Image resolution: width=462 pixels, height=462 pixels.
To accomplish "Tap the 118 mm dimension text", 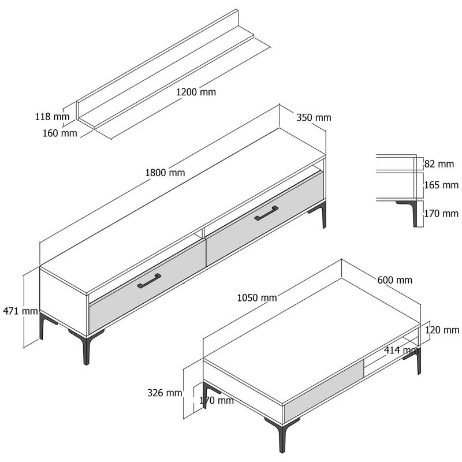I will pos(52,117).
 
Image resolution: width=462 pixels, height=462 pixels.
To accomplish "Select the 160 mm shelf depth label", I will pos(60,133).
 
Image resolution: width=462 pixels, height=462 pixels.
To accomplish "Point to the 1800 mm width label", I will pos(165,172).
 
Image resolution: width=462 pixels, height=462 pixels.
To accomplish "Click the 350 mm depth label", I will pos(314,118).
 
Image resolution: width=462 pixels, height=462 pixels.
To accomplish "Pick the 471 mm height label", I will pos(20,311).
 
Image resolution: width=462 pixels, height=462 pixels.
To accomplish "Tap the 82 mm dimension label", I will pos(439,164).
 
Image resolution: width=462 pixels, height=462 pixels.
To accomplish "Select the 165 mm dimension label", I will pos(441,185).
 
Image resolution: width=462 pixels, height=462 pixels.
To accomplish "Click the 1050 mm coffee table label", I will pos(257,298).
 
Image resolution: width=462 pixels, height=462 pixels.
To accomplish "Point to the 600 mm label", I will pos(394,280).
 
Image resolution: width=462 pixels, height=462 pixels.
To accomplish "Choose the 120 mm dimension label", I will pos(441,330).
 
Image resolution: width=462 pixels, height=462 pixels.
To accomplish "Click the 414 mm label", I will pos(401,350).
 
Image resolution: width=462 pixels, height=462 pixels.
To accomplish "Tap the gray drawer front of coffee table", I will pos(323,388).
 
